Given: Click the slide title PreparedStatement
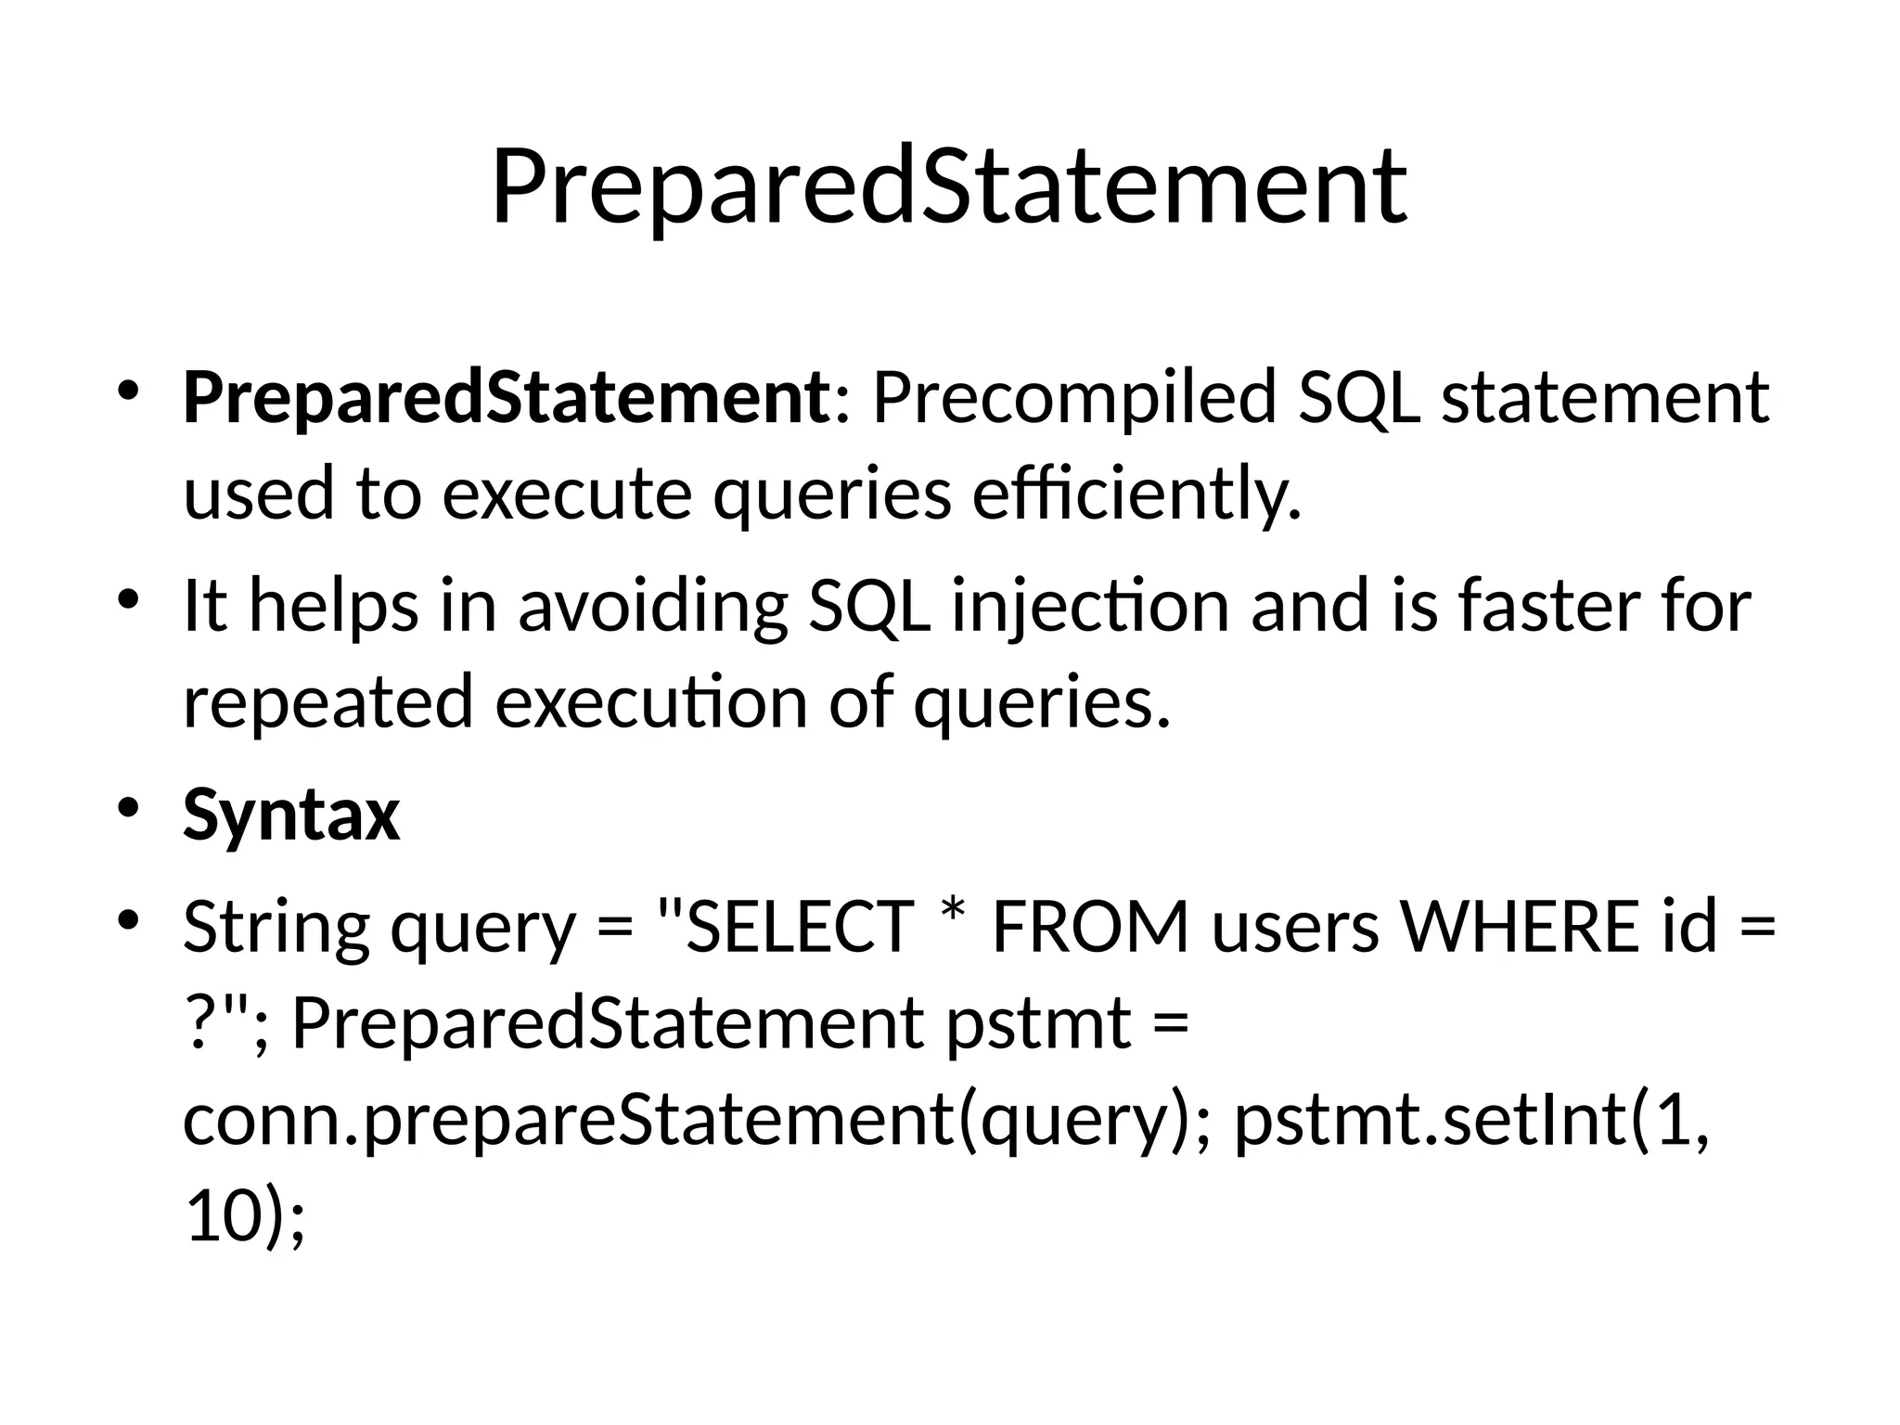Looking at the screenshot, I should coord(948,188).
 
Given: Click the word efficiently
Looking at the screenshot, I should coord(1137,494).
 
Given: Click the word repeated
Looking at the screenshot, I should coord(328,703).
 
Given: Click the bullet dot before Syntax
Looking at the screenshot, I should coord(128,805).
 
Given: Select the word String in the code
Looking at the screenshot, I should coord(276,929).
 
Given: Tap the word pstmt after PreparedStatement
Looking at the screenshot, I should coord(1039,1024).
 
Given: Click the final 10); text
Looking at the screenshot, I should coord(245,1217).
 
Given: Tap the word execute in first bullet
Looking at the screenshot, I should coord(567,494).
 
